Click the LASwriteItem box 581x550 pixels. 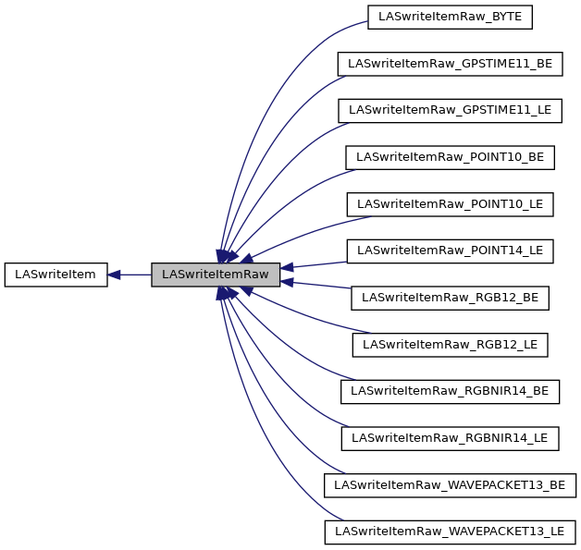(x=56, y=275)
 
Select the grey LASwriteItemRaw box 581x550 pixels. (x=215, y=275)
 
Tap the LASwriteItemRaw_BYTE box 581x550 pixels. (x=451, y=17)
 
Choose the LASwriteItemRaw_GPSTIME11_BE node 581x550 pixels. (x=451, y=64)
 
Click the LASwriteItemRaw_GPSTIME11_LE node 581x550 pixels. (x=451, y=110)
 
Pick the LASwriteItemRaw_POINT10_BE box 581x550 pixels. (x=451, y=157)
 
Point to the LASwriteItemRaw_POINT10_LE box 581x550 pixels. (x=451, y=204)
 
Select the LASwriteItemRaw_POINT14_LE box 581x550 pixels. (x=451, y=251)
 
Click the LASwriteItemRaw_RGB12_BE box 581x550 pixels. (x=451, y=298)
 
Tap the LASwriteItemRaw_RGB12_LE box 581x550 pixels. (x=451, y=345)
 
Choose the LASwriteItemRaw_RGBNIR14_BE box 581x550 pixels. (x=451, y=391)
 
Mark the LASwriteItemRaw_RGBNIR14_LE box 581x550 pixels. (x=451, y=438)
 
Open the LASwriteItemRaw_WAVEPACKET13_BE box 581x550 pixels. (x=451, y=484)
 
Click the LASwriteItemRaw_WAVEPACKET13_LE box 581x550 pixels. (x=451, y=532)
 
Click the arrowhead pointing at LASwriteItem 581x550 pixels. (x=115, y=275)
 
